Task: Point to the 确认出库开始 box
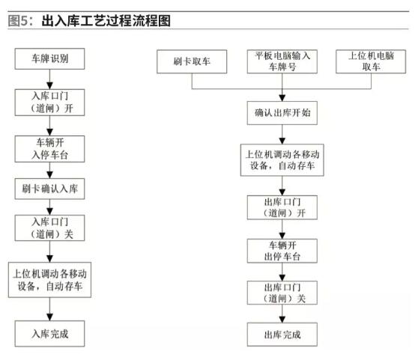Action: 282,113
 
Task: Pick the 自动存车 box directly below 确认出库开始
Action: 282,159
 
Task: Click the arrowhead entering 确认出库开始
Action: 282,98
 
